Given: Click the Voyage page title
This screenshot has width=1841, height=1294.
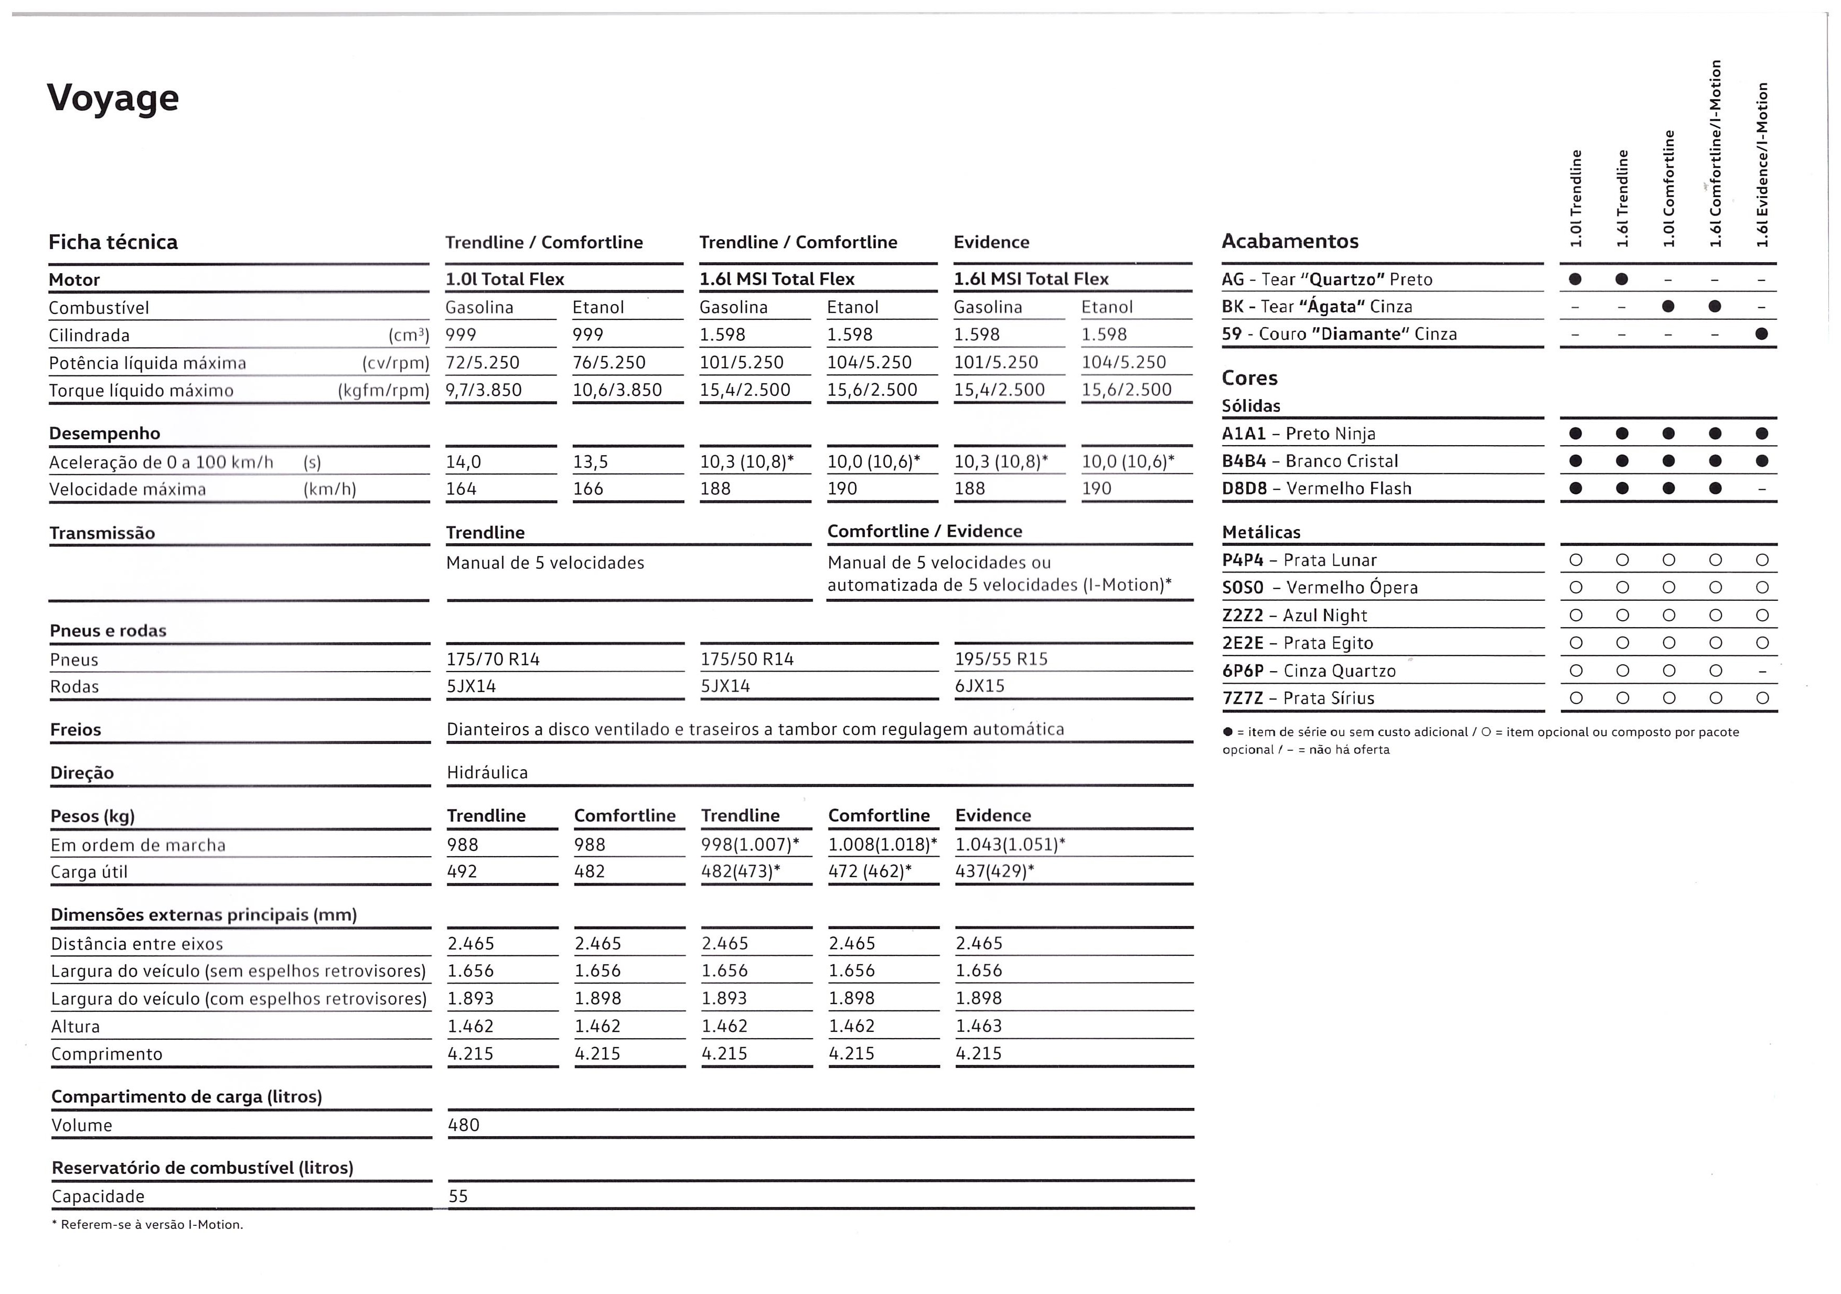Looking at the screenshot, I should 113,98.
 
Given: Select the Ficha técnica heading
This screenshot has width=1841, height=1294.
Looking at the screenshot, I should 113,242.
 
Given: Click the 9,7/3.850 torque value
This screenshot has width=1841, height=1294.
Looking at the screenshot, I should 484,391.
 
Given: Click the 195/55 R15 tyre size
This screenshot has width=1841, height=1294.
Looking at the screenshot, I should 1001,659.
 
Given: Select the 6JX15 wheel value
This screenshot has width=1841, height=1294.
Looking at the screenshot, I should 980,686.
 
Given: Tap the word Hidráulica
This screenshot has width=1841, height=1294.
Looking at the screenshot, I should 487,773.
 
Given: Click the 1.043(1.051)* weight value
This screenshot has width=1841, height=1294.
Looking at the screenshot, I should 1010,844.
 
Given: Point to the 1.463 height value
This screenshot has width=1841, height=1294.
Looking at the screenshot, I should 978,1026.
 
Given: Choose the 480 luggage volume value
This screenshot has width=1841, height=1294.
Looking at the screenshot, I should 464,1126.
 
